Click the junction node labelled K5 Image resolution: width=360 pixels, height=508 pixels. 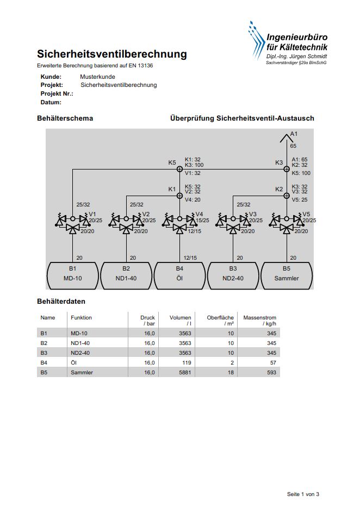coord(179,169)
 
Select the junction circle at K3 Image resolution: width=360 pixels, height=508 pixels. coord(287,169)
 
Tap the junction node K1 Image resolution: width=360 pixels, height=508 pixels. coord(179,196)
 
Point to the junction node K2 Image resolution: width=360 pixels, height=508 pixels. coord(287,196)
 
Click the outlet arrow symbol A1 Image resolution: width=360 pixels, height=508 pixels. coord(287,139)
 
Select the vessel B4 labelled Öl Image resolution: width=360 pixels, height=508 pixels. coord(179,275)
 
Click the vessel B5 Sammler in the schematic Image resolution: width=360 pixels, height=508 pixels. coord(287,275)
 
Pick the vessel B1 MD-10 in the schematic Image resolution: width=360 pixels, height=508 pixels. coord(73,275)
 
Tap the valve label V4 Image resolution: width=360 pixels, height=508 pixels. coord(199,214)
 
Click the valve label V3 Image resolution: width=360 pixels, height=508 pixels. coord(253,214)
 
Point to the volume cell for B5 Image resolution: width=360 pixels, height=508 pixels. coord(185,373)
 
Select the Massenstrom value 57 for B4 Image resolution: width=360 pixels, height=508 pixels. coord(273,363)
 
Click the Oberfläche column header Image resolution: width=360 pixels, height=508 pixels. coord(220,321)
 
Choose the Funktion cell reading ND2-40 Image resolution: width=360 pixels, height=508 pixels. coord(80,353)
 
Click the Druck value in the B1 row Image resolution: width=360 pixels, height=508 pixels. coord(150,334)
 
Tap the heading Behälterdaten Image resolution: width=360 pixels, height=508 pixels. coord(61,302)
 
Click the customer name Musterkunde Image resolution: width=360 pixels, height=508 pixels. coord(98,77)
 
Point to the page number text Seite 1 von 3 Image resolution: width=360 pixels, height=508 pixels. coord(303,494)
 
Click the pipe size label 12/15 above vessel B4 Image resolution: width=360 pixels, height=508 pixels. coord(190,258)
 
